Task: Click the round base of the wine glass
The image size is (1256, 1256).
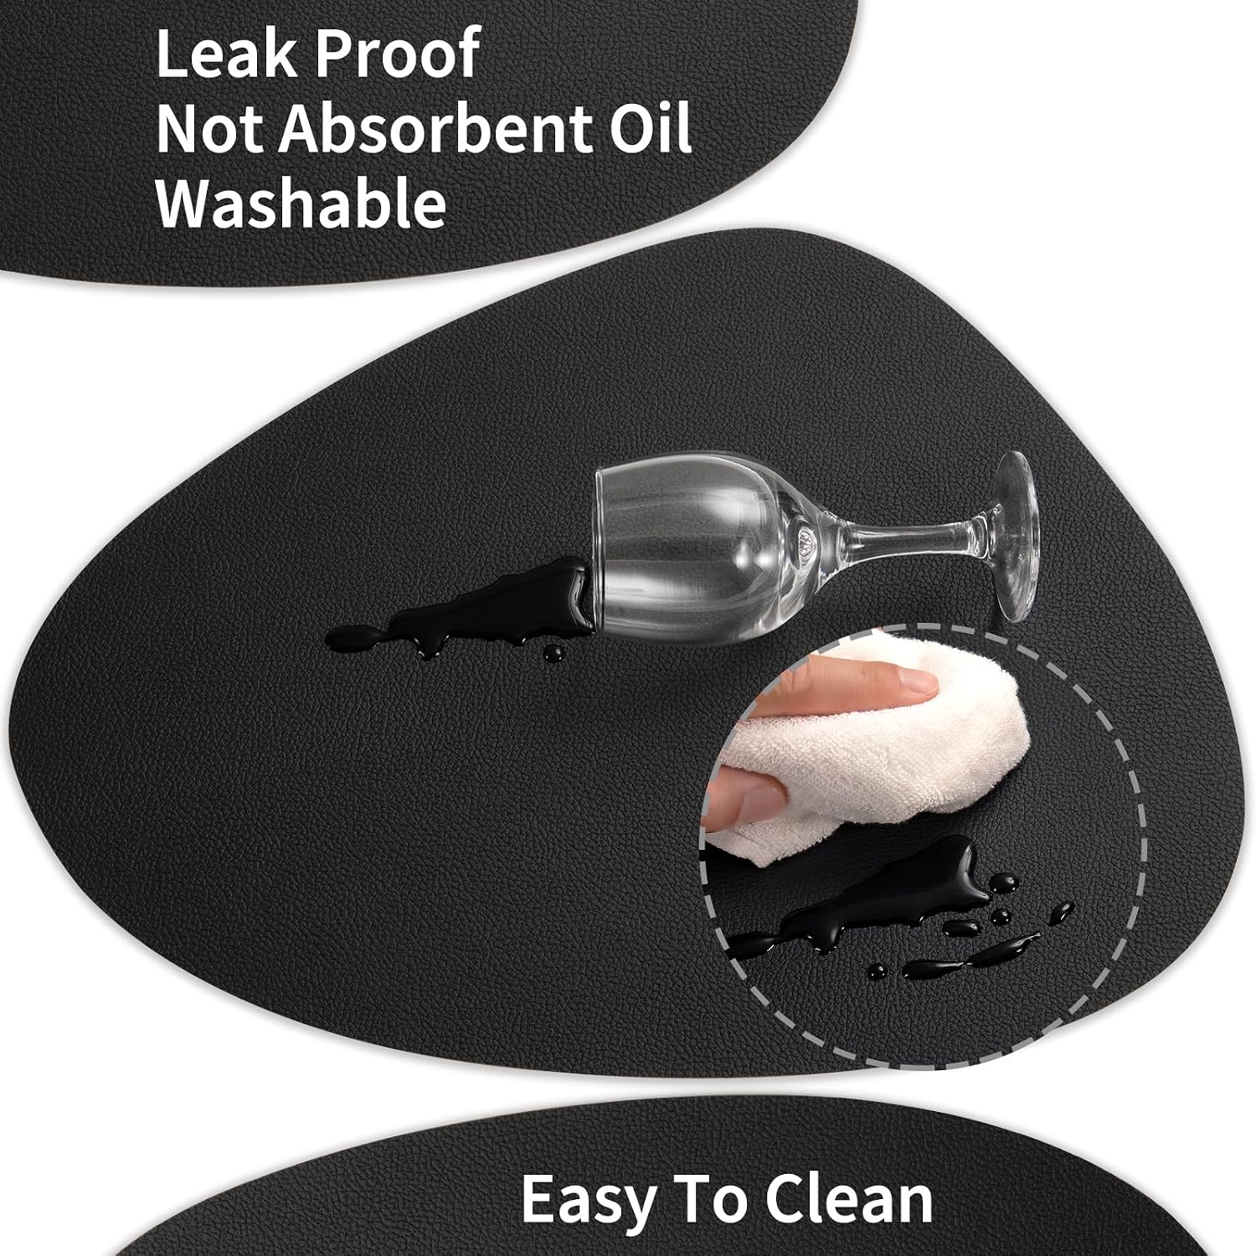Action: click(x=1016, y=536)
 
